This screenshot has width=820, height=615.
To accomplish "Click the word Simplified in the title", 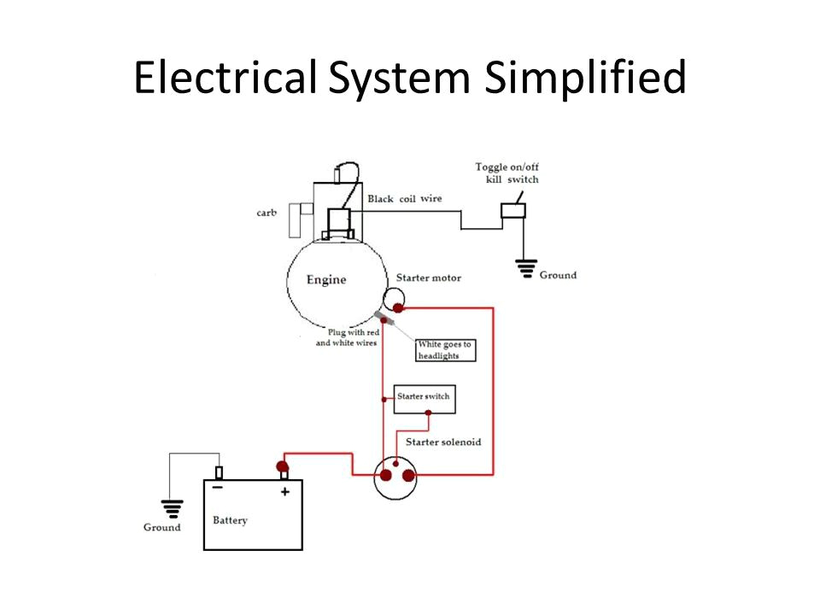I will tap(585, 79).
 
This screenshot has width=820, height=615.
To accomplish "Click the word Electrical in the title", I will tap(225, 79).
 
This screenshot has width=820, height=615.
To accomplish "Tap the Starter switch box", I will tap(423, 398).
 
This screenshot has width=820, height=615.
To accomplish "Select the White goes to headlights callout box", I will tap(444, 349).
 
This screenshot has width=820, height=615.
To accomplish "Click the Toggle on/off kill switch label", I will tap(507, 173).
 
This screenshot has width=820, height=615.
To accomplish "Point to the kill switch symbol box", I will tap(512, 210).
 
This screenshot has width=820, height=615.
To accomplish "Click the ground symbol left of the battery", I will tap(173, 509).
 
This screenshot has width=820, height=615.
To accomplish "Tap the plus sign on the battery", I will tap(285, 492).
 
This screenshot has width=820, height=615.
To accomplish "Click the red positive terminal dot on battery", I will tap(282, 466).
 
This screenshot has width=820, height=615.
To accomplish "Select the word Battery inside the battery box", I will tap(230, 520).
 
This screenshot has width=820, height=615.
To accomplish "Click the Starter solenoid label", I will tap(443, 442).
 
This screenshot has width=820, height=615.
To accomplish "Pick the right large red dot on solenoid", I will tap(409, 476).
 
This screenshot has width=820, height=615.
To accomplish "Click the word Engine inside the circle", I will tap(326, 280).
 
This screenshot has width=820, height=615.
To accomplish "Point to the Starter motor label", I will tap(428, 278).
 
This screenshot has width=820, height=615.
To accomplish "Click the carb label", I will tap(266, 213).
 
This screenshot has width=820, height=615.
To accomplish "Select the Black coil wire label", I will tap(405, 199).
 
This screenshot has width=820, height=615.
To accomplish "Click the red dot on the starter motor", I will tap(398, 307).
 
